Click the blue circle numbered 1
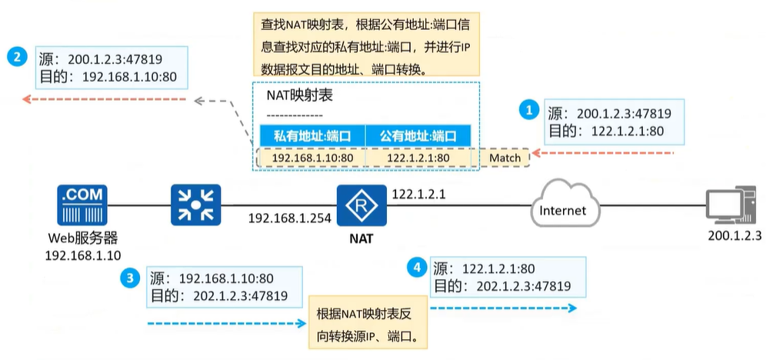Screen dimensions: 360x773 coord(528,111)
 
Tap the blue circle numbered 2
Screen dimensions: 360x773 coord(18,57)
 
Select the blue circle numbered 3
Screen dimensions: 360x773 coord(131,278)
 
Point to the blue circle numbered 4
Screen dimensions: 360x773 coord(417,268)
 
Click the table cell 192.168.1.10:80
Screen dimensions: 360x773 coord(313,158)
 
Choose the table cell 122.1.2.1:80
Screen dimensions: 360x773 coord(418,158)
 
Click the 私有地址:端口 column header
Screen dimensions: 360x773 coord(312,136)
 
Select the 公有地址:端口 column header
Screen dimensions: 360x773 coord(418,136)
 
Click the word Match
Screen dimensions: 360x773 coord(505,158)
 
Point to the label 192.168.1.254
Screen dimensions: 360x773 coord(289,218)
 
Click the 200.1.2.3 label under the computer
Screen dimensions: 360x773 coord(734,236)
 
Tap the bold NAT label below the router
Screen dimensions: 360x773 coord(359,238)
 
